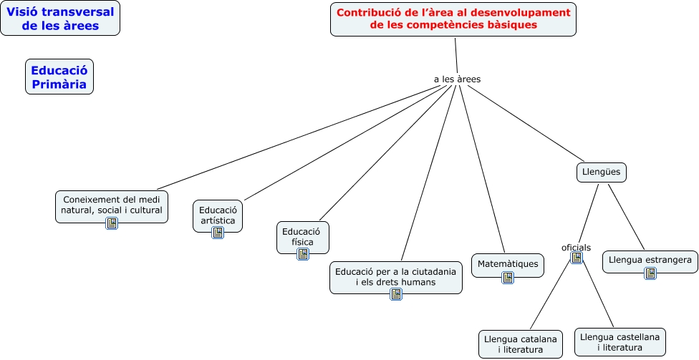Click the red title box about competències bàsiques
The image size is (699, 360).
click(x=453, y=19)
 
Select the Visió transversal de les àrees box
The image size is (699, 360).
click(x=60, y=19)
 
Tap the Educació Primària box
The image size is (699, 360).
click(x=59, y=77)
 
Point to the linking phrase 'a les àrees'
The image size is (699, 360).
click(x=457, y=79)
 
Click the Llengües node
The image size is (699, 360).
click(x=602, y=172)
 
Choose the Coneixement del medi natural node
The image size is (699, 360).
click(x=112, y=205)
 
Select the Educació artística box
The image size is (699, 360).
click(x=218, y=215)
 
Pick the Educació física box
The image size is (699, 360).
click(x=303, y=236)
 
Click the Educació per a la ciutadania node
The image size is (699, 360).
click(x=396, y=276)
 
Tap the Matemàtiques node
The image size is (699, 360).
click(x=508, y=264)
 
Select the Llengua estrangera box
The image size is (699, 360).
click(x=650, y=260)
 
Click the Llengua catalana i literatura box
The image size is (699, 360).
click(x=520, y=343)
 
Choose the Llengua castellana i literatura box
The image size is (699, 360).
click(x=620, y=341)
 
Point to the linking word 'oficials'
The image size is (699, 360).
click(x=576, y=248)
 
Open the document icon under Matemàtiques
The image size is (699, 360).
click(x=508, y=278)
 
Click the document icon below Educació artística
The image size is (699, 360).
click(x=218, y=233)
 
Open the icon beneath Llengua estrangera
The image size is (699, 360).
click(x=650, y=273)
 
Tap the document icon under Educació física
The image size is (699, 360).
click(x=303, y=254)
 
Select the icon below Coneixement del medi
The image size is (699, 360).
click(x=112, y=223)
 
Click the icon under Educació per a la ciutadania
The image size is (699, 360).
click(x=395, y=294)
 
